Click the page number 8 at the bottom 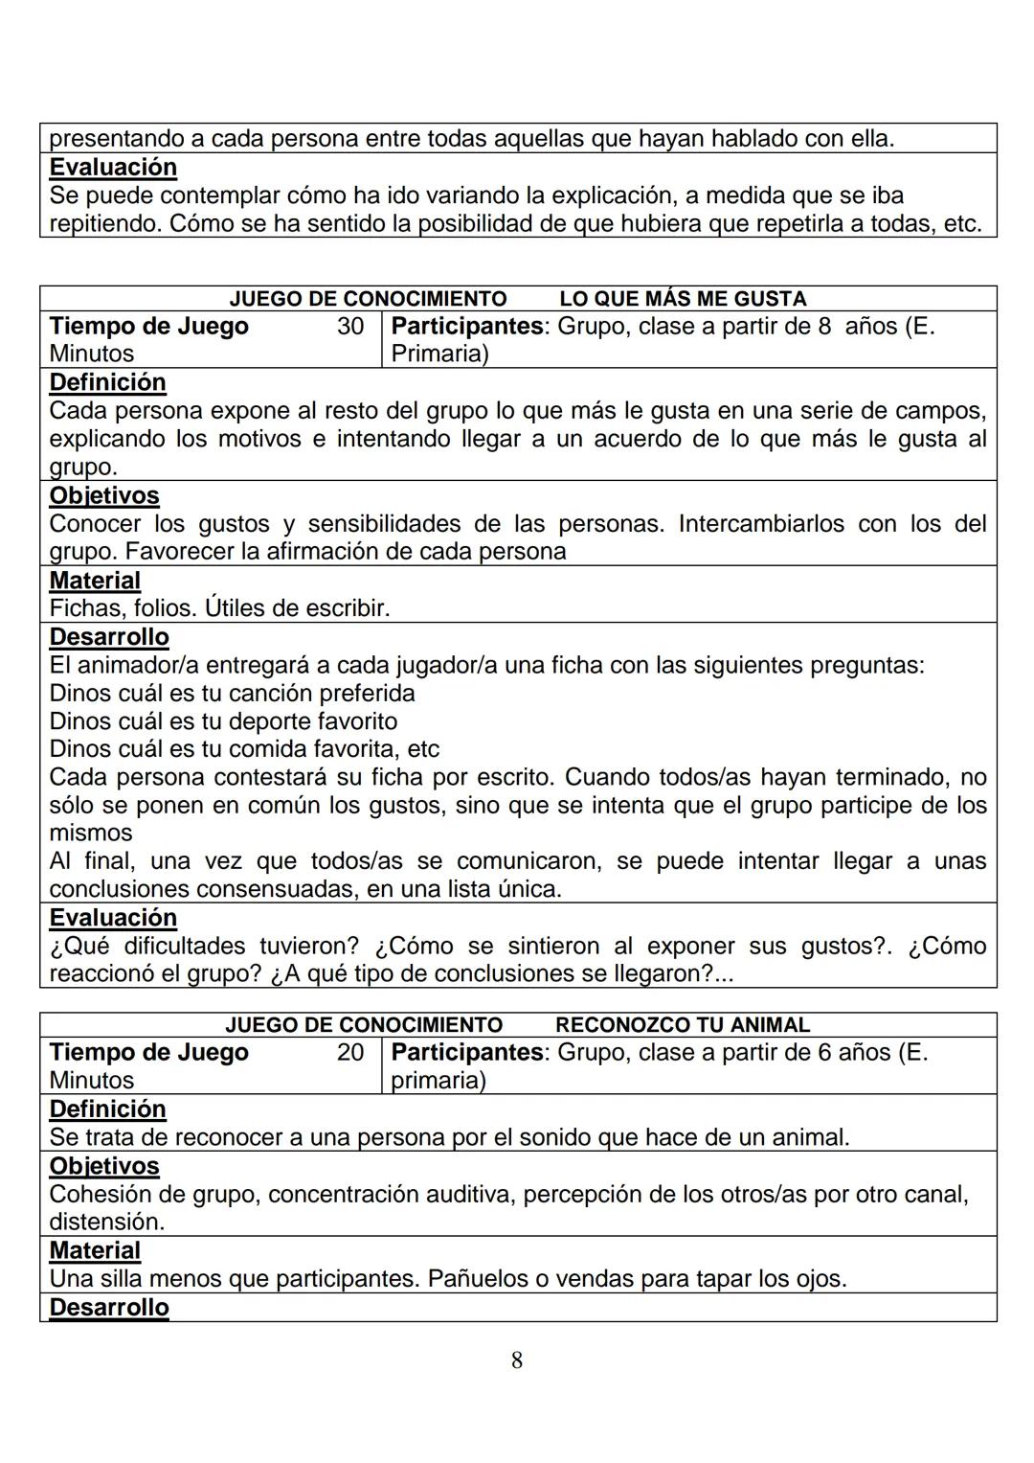click(517, 1360)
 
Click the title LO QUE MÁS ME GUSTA click(683, 299)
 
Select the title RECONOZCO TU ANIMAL click(682, 1025)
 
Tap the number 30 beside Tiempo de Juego click(350, 327)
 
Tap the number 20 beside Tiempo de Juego click(350, 1053)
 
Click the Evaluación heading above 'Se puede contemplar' click(113, 168)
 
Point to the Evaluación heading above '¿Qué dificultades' click(113, 918)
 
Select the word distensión click(105, 1223)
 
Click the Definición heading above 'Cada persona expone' click(107, 383)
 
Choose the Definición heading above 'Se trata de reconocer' click(107, 1109)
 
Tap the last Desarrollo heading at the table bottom click(109, 1308)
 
